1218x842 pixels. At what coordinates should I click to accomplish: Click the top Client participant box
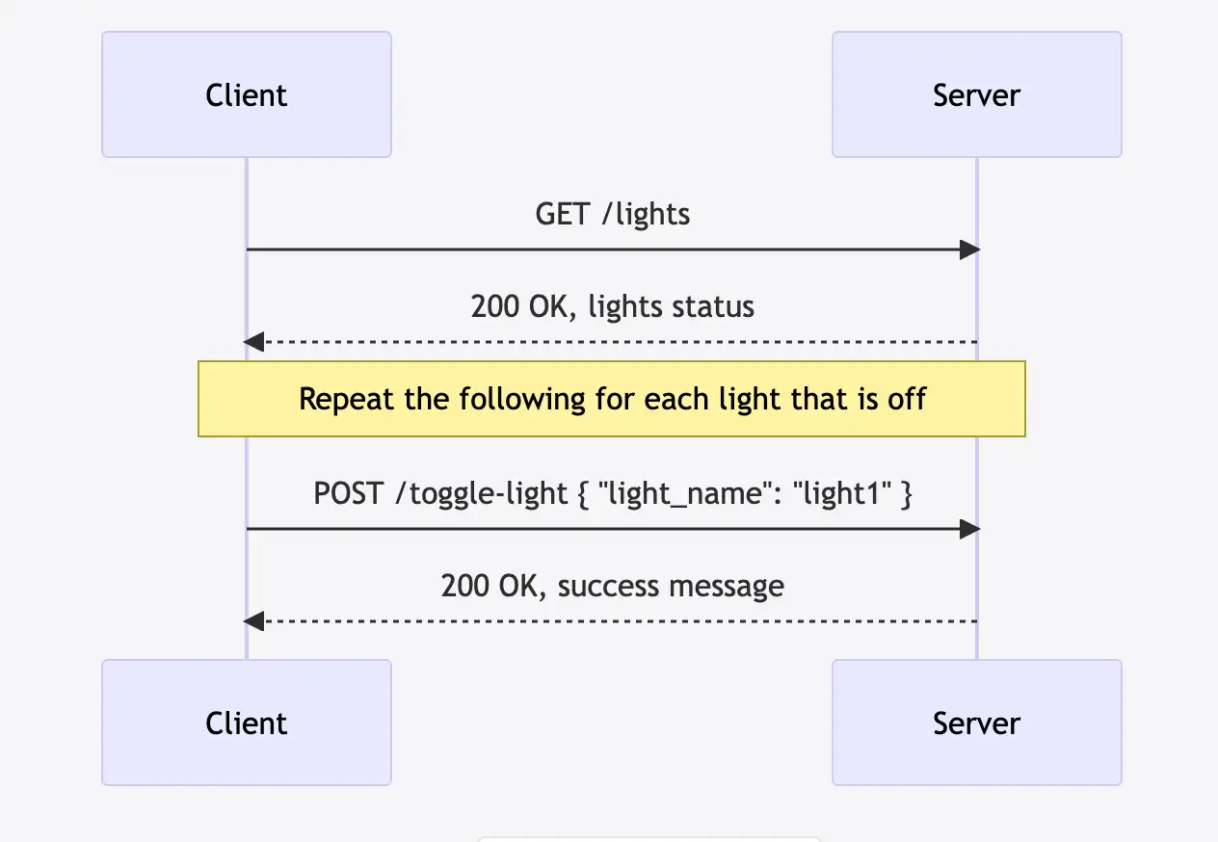247,94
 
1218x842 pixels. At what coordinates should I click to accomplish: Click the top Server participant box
976,94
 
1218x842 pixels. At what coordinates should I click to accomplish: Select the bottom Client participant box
247,723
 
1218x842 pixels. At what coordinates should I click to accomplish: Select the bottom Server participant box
976,723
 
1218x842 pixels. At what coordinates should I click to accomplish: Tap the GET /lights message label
612,214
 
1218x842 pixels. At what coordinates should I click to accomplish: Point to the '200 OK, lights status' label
612,306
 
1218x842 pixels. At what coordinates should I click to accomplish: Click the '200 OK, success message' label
612,586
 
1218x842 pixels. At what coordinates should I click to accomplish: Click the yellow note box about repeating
612,399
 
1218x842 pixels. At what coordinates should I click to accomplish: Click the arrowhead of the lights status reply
253,342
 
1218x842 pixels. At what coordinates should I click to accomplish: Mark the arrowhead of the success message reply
253,621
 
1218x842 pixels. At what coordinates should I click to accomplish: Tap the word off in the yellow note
907,399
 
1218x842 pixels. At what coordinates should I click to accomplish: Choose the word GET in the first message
561,214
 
